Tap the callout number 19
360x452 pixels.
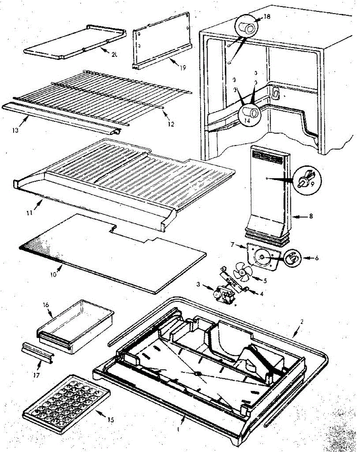click(183, 68)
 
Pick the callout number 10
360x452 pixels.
click(53, 274)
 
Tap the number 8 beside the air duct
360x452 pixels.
click(311, 217)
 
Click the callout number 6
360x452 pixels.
click(317, 258)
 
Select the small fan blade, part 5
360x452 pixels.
click(239, 272)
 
